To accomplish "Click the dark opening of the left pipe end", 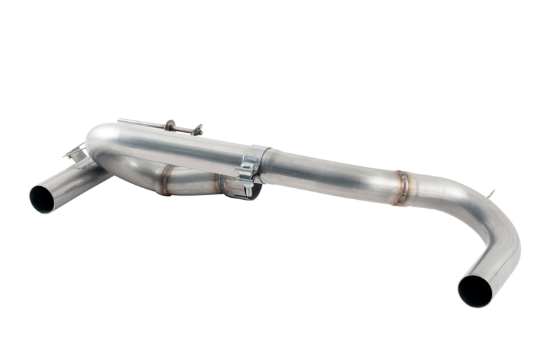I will point(42,198).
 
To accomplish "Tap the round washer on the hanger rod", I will point(169,127).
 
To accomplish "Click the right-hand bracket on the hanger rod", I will point(197,129).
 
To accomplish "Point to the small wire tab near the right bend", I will point(490,195).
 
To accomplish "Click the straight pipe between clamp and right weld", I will point(329,172).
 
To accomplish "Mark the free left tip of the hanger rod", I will point(119,120).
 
